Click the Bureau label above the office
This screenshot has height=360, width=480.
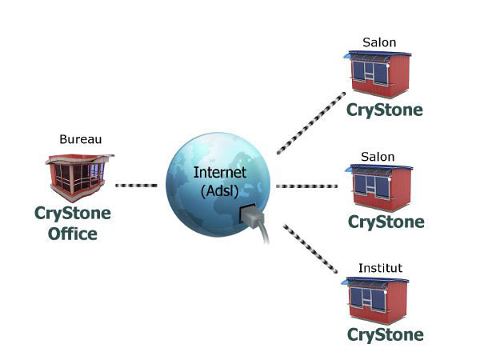point(81,139)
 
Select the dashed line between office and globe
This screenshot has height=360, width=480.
point(136,186)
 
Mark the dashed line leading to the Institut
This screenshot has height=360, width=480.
point(310,249)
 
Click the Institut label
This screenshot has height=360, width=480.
point(379,268)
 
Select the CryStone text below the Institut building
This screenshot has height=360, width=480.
point(385,334)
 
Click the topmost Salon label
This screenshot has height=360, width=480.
point(379,42)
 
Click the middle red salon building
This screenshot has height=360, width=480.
point(378,186)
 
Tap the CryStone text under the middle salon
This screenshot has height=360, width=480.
point(385,220)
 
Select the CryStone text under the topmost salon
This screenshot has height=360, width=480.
point(385,109)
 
